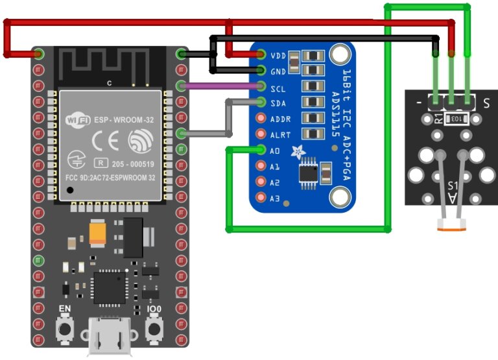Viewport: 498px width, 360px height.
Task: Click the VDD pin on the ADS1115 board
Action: click(x=262, y=54)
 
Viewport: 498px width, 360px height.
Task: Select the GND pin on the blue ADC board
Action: click(x=262, y=70)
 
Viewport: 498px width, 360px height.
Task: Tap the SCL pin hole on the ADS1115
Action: click(x=262, y=86)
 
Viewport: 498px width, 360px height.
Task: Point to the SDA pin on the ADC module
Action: click(x=262, y=102)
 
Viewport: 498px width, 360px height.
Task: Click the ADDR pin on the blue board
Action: click(x=262, y=119)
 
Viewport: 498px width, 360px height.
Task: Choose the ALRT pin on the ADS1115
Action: click(x=262, y=135)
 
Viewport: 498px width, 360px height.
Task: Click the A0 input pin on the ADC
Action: click(x=262, y=150)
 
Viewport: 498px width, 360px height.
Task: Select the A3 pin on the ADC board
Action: click(x=262, y=198)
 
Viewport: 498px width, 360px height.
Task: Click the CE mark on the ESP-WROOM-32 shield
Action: click(x=106, y=141)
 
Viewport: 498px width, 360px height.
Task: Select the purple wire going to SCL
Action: click(x=220, y=86)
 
